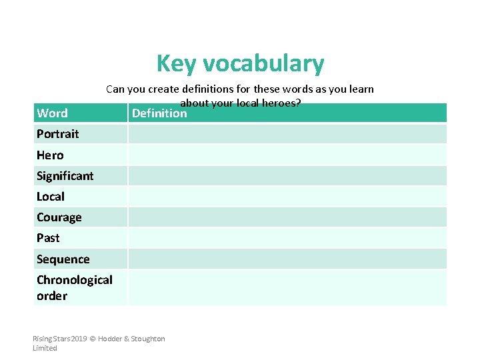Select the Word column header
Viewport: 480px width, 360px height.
coord(52,113)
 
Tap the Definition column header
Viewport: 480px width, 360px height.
coord(159,113)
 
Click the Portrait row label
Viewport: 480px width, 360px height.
coord(57,134)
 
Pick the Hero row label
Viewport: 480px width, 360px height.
coord(50,155)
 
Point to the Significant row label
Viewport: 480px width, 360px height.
coord(65,176)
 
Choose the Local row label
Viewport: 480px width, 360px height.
coord(51,197)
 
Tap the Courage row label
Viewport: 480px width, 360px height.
coord(59,217)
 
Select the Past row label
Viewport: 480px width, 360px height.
coord(48,238)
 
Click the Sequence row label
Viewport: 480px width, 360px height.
coord(63,259)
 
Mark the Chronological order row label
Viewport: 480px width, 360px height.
coord(74,287)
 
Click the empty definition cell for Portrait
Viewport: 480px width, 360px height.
coord(287,134)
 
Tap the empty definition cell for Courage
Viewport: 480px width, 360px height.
coord(287,217)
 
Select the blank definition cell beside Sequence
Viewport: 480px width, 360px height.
coord(287,259)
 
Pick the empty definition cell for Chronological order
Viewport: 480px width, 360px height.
coord(287,287)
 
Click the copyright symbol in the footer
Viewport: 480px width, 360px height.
coord(92,339)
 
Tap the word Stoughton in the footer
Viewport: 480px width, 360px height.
coord(147,339)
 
